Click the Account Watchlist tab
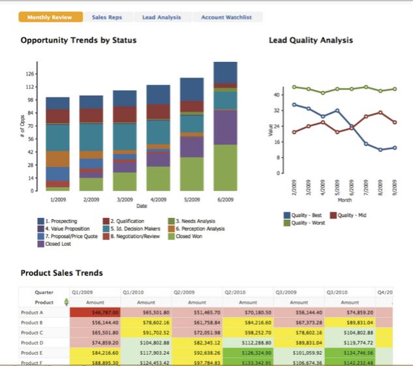[x=226, y=17]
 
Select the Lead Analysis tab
[x=161, y=17]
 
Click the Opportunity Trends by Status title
[x=78, y=40]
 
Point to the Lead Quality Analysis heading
[x=311, y=40]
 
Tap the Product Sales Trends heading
[x=61, y=273]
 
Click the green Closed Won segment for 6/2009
[x=225, y=168]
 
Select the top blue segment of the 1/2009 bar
[x=57, y=102]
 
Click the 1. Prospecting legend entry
[x=62, y=222]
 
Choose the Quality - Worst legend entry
[x=307, y=222]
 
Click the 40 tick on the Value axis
[x=276, y=95]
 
